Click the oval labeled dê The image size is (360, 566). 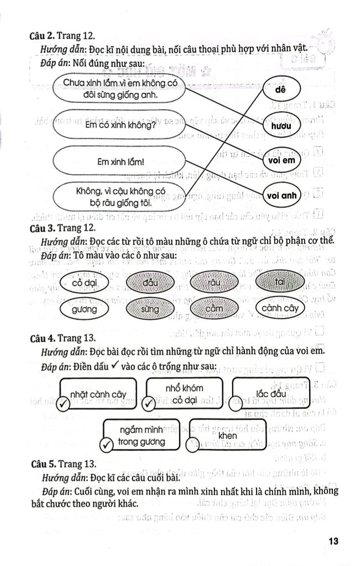[x=281, y=89]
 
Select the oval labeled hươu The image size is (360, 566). [x=281, y=125]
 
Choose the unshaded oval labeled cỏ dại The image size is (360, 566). [x=81, y=283]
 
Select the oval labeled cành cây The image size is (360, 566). [x=280, y=308]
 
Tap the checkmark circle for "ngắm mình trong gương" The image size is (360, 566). [x=104, y=446]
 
